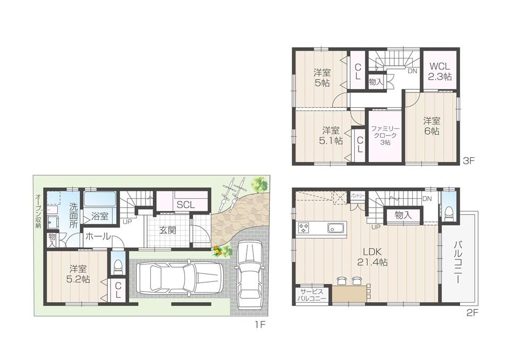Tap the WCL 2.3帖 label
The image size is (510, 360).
click(440, 72)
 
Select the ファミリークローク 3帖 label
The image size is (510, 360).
click(385, 136)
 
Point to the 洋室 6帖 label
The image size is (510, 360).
click(431, 126)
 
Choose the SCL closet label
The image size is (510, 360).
click(185, 205)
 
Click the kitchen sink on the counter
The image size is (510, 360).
click(336, 229)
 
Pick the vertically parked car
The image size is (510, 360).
click(249, 276)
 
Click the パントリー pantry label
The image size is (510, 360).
click(356, 196)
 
